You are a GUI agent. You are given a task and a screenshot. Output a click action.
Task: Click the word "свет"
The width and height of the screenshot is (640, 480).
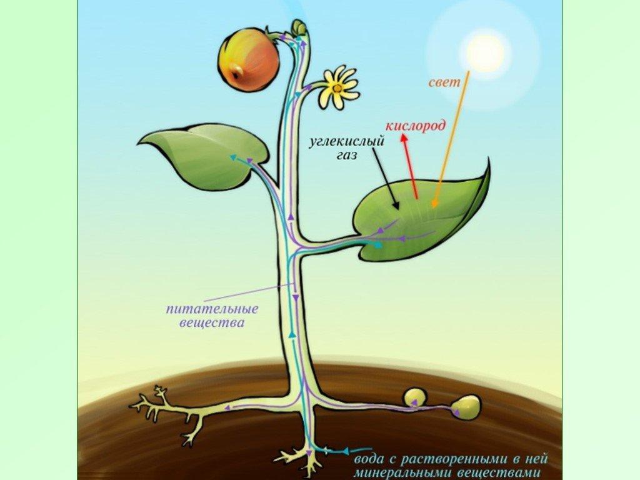pyautogui.click(x=444, y=83)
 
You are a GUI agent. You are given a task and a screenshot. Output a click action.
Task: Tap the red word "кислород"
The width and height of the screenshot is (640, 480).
pyautogui.click(x=416, y=126)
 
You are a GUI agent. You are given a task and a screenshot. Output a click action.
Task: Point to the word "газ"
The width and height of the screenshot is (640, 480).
pyautogui.click(x=347, y=156)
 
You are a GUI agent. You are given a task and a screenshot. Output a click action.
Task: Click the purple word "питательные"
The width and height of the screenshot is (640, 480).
pyautogui.click(x=212, y=309)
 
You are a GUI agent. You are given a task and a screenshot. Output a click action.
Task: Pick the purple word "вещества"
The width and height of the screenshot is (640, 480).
pyautogui.click(x=212, y=323)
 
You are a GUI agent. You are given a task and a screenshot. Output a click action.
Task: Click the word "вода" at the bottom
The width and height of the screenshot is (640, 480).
pyautogui.click(x=369, y=459)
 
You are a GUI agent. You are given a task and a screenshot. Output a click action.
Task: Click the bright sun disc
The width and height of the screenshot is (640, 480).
pyautogui.click(x=486, y=53)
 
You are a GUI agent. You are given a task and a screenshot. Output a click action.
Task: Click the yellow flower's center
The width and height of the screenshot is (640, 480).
pyautogui.click(x=337, y=87)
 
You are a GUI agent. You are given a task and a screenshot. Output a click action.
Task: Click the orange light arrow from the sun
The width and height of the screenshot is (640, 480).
pyautogui.click(x=451, y=139)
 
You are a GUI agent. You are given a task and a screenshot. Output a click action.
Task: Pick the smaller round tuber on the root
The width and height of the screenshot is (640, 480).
pyautogui.click(x=414, y=398)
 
